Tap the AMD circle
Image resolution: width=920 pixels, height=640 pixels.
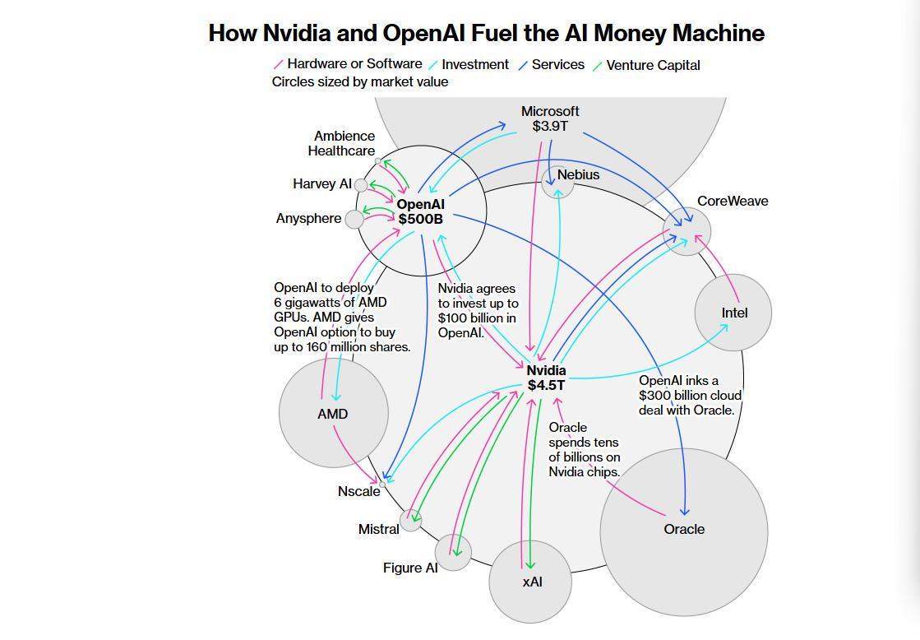click(333, 412)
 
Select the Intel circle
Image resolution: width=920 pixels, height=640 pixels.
click(733, 312)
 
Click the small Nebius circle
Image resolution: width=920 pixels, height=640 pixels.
click(557, 183)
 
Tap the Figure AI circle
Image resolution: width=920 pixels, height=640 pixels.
click(453, 552)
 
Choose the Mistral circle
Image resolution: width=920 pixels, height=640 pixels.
click(410, 520)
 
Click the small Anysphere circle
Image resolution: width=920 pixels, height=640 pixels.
click(354, 219)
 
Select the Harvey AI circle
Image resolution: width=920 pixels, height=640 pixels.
click(361, 185)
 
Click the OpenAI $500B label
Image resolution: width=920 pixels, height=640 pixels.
click(420, 211)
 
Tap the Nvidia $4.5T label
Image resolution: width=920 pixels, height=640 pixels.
click(546, 378)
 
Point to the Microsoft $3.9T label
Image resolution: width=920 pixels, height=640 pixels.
click(550, 118)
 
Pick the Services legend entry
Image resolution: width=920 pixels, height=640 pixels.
click(557, 64)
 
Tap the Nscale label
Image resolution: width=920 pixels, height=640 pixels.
click(358, 491)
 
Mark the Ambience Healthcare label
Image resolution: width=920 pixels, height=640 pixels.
click(342, 143)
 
